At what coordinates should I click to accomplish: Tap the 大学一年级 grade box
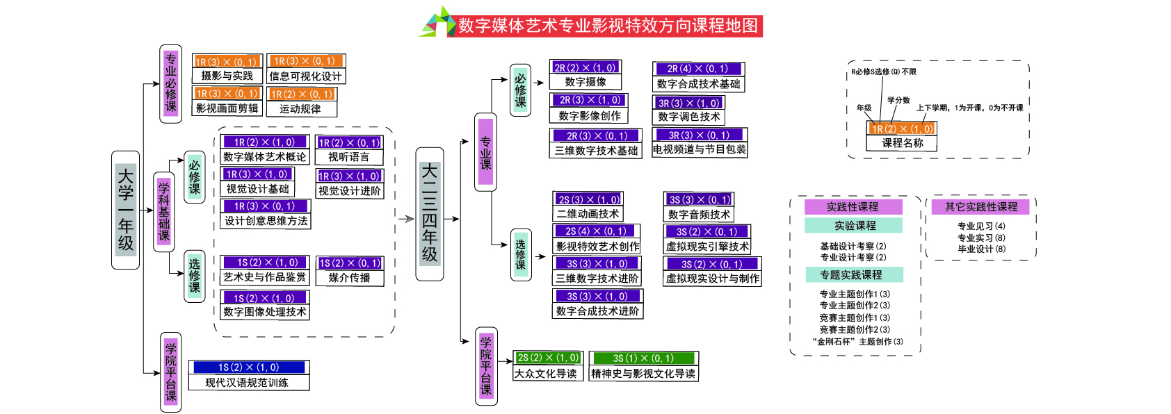coord(126,209)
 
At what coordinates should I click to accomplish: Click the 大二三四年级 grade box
coord(430,214)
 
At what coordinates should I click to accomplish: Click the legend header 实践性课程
coord(853,207)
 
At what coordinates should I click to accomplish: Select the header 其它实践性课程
coord(981,207)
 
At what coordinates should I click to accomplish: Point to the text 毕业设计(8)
coord(981,249)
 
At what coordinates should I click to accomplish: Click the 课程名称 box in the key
coord(903,143)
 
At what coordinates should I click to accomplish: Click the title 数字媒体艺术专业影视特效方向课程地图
coord(608,26)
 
